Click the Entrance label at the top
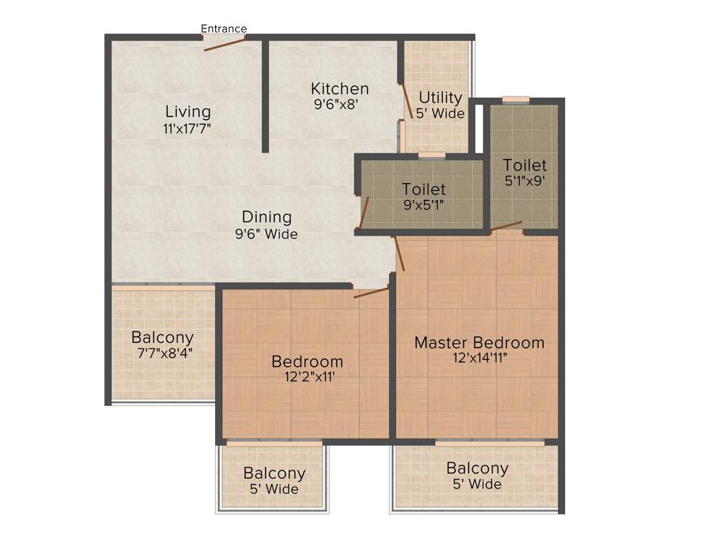click(x=224, y=29)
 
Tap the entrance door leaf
click(x=224, y=43)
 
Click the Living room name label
click(x=188, y=111)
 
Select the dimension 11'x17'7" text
click(x=187, y=128)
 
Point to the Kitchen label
click(x=340, y=89)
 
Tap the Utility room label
click(x=440, y=97)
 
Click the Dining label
click(x=266, y=217)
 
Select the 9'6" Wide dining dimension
click(x=266, y=234)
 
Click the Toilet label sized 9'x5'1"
click(x=424, y=189)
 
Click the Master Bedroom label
click(x=479, y=343)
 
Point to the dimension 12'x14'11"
click(x=479, y=358)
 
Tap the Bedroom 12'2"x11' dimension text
click(x=307, y=378)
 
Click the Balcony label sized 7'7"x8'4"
click(x=163, y=337)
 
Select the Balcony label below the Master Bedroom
click(x=477, y=468)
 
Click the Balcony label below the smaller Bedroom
click(x=274, y=473)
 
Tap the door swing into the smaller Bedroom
click(x=371, y=292)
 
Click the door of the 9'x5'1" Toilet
click(x=364, y=212)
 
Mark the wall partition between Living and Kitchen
click(x=265, y=96)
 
